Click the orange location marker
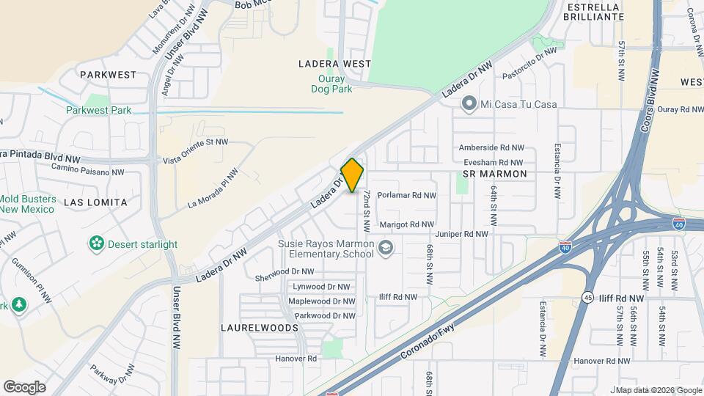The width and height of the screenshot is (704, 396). [x=353, y=176]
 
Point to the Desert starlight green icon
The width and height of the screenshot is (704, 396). [x=96, y=243]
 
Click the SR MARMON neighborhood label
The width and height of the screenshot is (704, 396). [x=495, y=174]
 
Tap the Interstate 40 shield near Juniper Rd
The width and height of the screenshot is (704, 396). [x=565, y=249]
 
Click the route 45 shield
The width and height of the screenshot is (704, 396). [x=588, y=298]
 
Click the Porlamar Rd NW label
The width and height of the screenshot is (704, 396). [x=408, y=196]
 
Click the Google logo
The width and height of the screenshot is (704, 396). [x=24, y=386]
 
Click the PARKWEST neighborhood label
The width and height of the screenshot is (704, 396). [x=109, y=75]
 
